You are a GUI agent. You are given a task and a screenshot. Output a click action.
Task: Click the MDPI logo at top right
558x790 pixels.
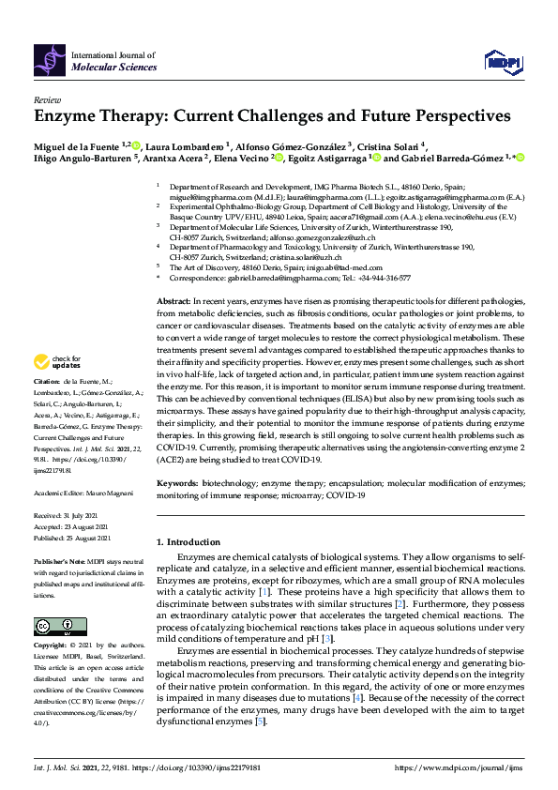point(503,61)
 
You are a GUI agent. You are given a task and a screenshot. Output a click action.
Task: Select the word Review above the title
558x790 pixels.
point(48,99)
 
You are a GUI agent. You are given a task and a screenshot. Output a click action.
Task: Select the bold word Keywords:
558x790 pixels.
point(178,483)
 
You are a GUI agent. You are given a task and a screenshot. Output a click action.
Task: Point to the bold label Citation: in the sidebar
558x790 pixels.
point(47,382)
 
